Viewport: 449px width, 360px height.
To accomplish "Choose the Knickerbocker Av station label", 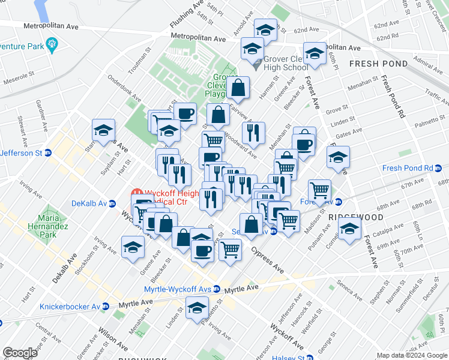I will pyautogui.click(x=70, y=307).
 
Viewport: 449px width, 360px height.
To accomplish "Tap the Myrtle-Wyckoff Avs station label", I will pyautogui.click(x=178, y=289).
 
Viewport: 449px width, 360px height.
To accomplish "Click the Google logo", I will pyautogui.click(x=20, y=353).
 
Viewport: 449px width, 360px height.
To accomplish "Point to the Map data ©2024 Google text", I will pyautogui.click(x=412, y=355).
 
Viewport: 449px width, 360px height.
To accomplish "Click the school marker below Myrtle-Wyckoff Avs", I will pyautogui.click(x=196, y=308).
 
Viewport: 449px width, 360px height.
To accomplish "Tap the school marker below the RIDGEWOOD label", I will pyautogui.click(x=349, y=229).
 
